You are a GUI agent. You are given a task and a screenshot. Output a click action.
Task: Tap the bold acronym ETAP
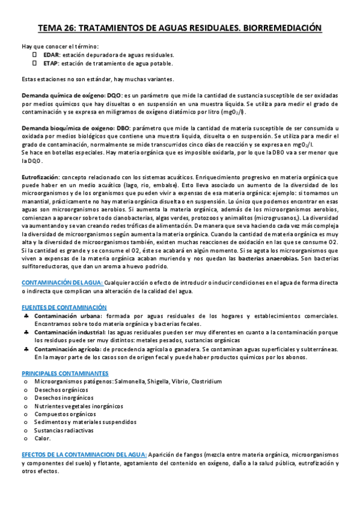tap(50, 63)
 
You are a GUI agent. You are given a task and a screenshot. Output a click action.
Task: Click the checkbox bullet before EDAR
tap(35, 54)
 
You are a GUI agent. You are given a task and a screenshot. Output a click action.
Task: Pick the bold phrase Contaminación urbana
tap(68, 316)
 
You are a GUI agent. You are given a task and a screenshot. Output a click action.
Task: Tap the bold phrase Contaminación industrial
tap(70, 332)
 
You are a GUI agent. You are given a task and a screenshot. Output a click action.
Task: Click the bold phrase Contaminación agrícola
tap(68, 348)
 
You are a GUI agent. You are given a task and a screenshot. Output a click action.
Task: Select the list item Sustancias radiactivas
tap(64, 431)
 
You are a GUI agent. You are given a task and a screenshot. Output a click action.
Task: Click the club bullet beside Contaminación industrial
tap(27, 332)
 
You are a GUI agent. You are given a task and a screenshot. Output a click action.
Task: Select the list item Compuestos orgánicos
tap(65, 414)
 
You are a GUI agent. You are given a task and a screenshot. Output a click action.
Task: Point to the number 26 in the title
tap(69, 28)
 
